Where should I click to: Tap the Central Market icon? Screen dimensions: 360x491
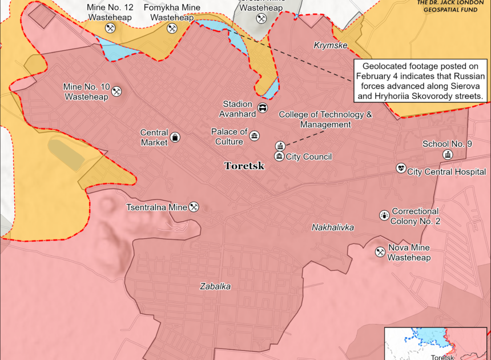coord(175,137)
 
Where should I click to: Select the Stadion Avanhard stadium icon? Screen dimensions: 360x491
coord(262,107)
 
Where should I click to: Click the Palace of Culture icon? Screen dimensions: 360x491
coord(254,135)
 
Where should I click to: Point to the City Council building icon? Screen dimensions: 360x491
coord(279,157)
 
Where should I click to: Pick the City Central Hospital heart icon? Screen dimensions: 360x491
coord(401,169)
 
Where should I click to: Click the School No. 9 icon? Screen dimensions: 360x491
coord(447,155)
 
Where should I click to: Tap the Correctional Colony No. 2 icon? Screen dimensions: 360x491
coord(384,215)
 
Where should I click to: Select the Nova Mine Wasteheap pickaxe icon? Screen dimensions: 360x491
coord(380,252)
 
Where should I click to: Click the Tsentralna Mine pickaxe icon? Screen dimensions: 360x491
coord(194,206)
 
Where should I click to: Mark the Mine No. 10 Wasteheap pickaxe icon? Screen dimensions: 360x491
coord(116,91)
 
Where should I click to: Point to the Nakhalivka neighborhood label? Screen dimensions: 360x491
coord(333,227)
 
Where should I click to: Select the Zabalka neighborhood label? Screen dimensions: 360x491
coord(215,286)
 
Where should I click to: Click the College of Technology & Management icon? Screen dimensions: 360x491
coord(280,146)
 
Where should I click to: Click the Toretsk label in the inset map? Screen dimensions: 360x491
coord(442,357)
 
